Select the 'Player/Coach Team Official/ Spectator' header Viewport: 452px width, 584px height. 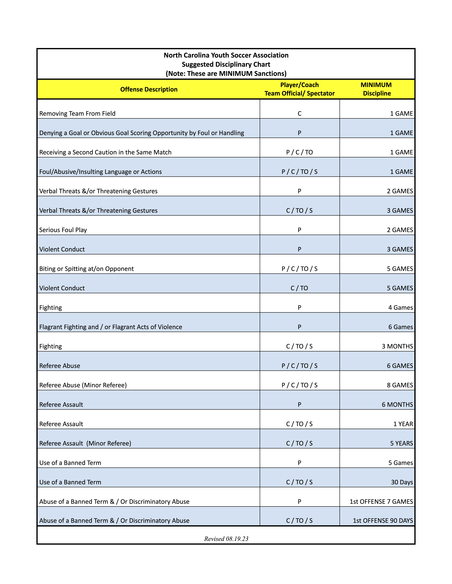click(299, 89)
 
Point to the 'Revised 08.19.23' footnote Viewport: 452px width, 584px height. click(226, 539)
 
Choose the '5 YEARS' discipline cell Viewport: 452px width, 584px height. click(401, 443)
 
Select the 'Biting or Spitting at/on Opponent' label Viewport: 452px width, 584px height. click(86, 269)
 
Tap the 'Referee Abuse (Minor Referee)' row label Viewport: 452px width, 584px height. click(83, 385)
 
